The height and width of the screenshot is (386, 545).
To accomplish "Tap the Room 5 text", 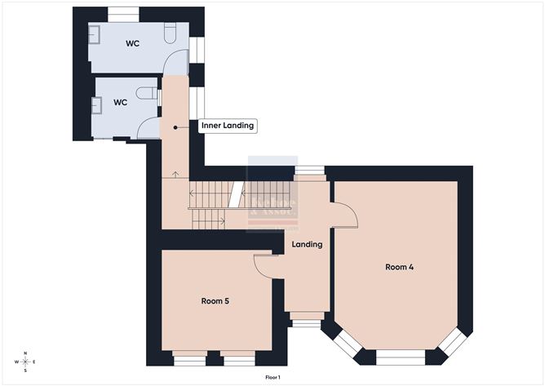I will pos(215,301).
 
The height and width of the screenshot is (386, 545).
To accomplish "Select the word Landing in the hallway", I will pos(308,244).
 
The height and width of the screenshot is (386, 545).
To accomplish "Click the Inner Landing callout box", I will pos(228,126).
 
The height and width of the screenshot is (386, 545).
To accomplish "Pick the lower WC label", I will pos(120,103).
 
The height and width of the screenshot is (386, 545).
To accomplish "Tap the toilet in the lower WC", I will pos(147,93).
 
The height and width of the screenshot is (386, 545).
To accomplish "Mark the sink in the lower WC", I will pos(98,104).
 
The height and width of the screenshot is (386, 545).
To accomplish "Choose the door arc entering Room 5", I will pos(265,267).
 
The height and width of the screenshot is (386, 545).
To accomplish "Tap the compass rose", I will pos(26,362).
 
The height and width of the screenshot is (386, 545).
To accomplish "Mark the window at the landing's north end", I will pos(308,171).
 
